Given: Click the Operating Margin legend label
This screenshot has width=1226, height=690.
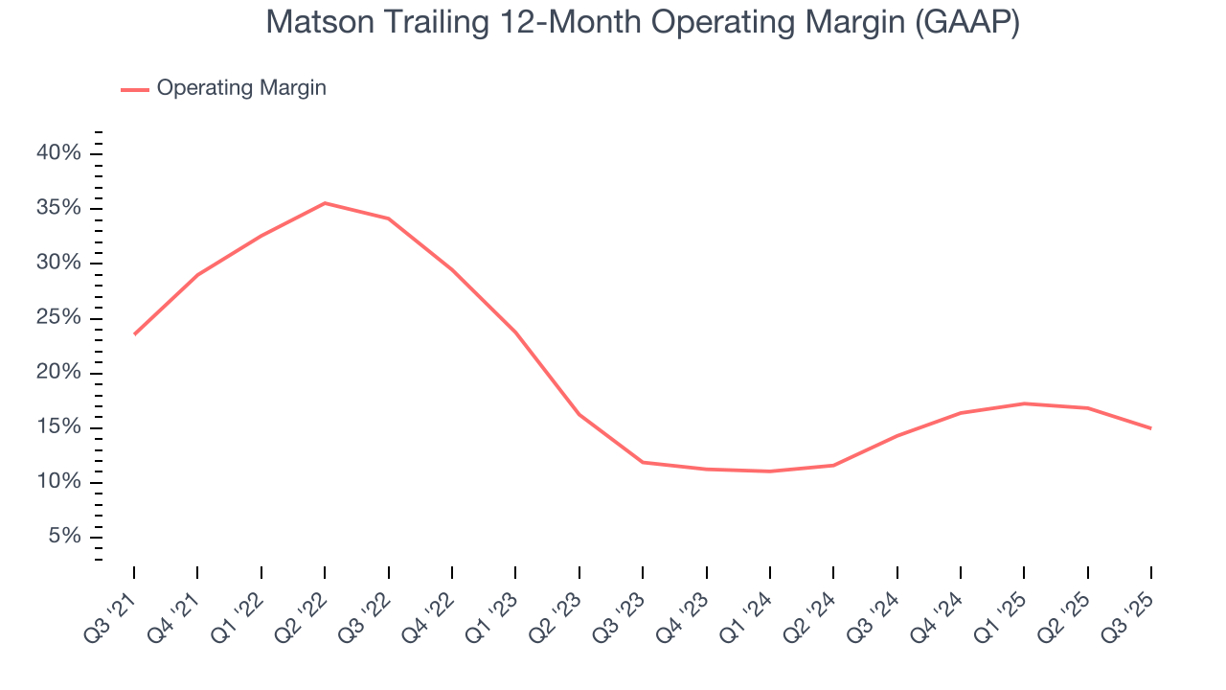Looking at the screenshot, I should click(x=241, y=88).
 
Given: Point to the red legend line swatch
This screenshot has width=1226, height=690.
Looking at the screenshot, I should click(x=135, y=89).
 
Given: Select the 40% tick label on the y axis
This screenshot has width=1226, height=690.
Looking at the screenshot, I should click(x=59, y=153).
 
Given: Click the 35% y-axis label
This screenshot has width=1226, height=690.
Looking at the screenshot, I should click(x=59, y=208).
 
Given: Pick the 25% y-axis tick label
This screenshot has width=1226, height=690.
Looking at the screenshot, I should click(x=59, y=317).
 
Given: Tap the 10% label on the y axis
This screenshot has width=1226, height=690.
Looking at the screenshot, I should click(x=59, y=481).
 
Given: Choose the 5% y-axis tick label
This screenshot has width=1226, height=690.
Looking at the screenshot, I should click(x=64, y=536).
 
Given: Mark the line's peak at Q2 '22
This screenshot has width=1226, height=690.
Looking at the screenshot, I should click(x=325, y=203).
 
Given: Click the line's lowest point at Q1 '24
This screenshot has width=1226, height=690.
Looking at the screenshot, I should click(x=769, y=471).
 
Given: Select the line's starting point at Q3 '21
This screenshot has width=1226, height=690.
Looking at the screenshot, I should click(x=134, y=334).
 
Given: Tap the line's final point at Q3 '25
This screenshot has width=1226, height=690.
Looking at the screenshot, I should click(x=1150, y=428).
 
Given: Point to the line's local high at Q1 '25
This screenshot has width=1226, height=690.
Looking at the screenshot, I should click(x=1024, y=403).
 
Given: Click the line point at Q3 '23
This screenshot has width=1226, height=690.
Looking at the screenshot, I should click(x=643, y=462).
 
